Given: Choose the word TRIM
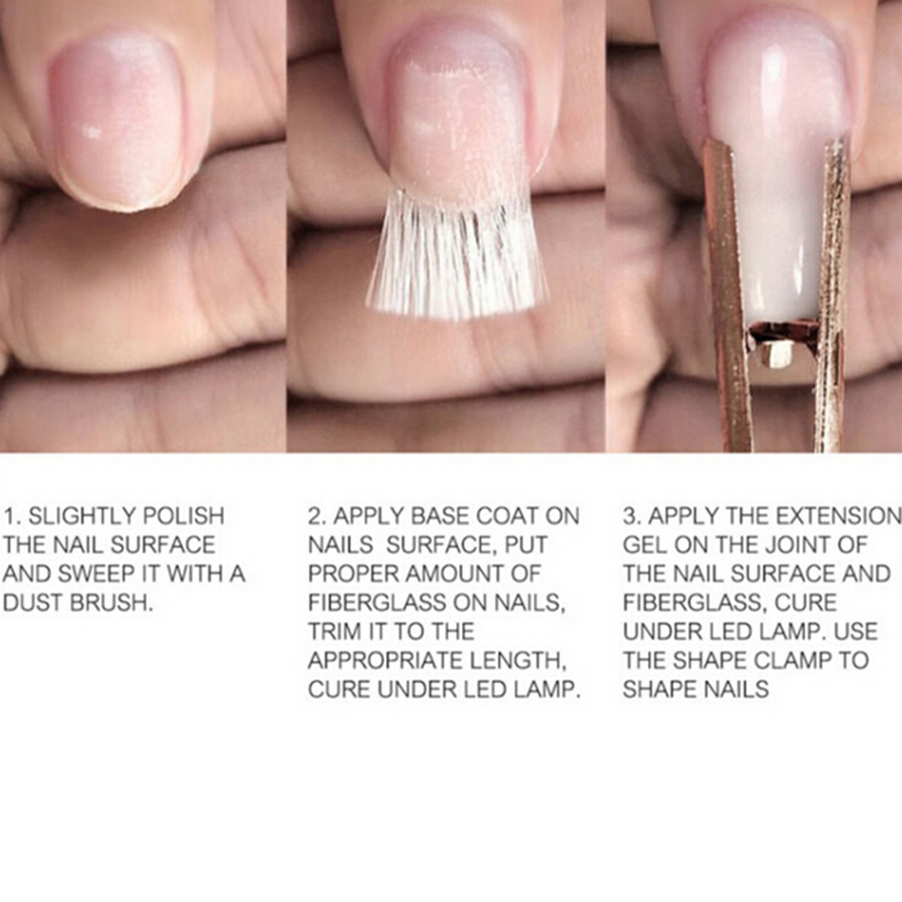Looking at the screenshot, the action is coord(335,631).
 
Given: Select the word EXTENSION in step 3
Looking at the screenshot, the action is coord(839,516).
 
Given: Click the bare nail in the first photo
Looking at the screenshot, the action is coord(120,121).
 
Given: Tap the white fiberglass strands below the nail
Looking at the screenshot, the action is coord(456,256).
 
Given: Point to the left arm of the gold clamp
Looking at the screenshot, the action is coord(727,293).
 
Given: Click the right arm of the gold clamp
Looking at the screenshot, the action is coord(833,293).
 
